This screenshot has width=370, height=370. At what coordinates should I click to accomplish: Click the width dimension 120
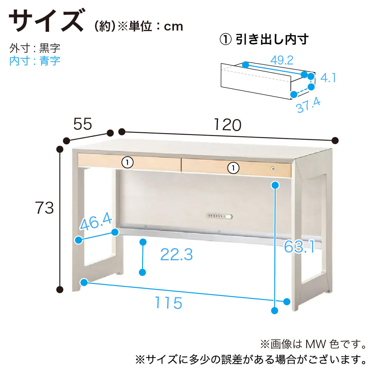(228, 125)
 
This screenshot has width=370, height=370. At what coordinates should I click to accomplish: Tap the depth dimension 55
(83, 124)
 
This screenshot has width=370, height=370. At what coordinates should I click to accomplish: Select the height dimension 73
(44, 208)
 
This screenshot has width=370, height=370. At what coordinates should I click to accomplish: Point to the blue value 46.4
(96, 221)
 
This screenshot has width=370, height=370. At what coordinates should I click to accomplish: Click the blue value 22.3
(176, 255)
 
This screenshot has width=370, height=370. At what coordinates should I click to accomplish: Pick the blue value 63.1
(299, 246)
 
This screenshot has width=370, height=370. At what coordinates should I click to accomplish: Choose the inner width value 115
(168, 303)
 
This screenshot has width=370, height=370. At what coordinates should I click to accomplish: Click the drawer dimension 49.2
(282, 60)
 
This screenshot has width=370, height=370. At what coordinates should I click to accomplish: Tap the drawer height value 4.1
(328, 78)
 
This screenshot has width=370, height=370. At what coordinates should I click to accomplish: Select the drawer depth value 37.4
(308, 105)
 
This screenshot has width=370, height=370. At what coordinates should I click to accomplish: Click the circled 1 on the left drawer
(127, 162)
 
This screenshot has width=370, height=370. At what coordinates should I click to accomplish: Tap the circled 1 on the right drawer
(233, 168)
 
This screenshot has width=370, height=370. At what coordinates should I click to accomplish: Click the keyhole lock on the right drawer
(273, 168)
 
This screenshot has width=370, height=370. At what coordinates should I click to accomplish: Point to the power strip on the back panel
(219, 216)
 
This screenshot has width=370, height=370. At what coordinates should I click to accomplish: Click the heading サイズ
(47, 20)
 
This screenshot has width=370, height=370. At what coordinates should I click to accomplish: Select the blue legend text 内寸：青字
(35, 61)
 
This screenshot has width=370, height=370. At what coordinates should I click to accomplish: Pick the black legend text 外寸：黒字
(35, 48)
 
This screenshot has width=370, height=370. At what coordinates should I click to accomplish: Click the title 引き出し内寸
(272, 39)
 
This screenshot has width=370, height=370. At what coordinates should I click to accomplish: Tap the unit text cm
(174, 27)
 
